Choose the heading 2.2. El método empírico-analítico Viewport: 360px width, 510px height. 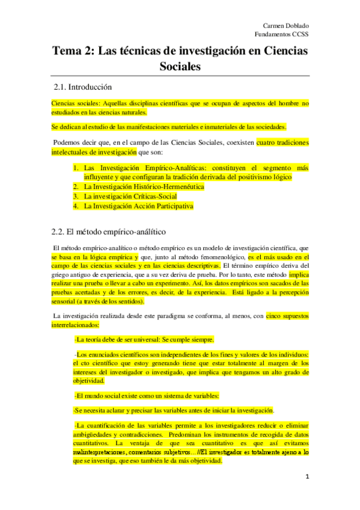(x=109, y=231)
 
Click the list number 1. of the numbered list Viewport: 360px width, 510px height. (x=76, y=168)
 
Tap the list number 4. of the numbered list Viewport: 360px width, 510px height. (x=76, y=206)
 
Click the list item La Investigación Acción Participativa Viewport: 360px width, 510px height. (x=139, y=206)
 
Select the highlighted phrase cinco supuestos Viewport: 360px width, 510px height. (x=287, y=315)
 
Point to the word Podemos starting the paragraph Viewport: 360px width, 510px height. (x=67, y=143)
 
